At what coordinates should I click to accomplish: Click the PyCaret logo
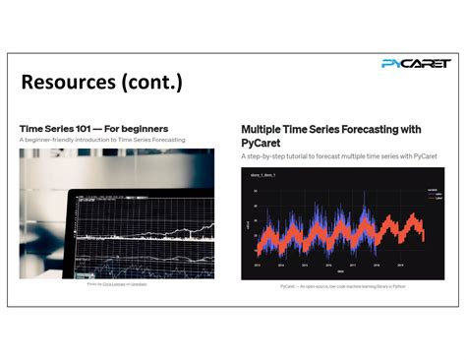[415, 63]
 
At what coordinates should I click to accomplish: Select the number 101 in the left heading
[83, 128]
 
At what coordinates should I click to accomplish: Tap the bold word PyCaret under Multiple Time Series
[262, 143]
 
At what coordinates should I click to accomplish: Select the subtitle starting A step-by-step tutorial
[338, 156]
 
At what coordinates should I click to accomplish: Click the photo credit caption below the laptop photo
[116, 283]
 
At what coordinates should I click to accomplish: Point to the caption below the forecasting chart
[341, 286]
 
